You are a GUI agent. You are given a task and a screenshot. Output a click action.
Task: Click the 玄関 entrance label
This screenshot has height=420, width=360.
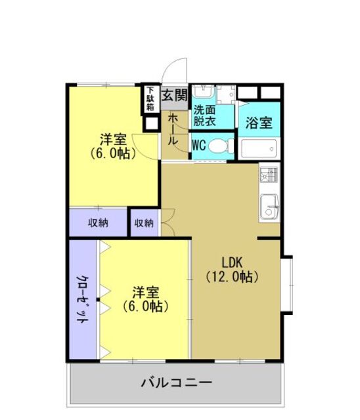pos(175,93)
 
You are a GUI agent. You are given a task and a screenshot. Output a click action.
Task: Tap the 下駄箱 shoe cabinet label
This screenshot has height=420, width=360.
pos(150,98)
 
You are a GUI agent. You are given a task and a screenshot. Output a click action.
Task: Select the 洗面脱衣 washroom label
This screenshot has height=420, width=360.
pos(204,117)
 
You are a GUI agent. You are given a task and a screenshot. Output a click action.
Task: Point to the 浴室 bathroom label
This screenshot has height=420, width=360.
pos(259,122)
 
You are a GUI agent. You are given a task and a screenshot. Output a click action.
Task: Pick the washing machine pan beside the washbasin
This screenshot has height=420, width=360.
pos(225,96)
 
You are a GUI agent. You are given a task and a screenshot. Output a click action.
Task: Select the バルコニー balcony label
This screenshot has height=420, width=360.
pos(176,382)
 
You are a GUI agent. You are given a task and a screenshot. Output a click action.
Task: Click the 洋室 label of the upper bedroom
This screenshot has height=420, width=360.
pos(113,139)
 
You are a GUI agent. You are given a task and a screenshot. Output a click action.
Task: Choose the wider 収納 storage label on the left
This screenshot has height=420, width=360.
pos(99,223)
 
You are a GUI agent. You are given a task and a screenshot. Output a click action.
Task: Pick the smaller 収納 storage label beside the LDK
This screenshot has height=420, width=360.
pos(144,223)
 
